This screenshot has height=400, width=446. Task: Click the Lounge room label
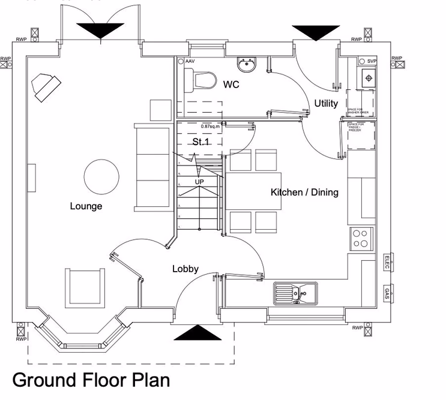pyautogui.click(x=86, y=206)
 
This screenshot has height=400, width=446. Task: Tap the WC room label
pyautogui.click(x=231, y=85)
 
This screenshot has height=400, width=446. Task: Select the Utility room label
pyautogui.click(x=326, y=103)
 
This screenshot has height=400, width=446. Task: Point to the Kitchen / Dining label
pyautogui.click(x=304, y=193)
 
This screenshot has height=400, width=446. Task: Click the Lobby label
pyautogui.click(x=185, y=269)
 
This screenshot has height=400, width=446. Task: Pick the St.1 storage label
pyautogui.click(x=199, y=142)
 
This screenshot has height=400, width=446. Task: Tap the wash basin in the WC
pyautogui.click(x=246, y=63)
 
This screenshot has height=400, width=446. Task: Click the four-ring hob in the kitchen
pyautogui.click(x=361, y=238)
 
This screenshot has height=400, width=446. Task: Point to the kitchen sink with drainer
pyautogui.click(x=295, y=293)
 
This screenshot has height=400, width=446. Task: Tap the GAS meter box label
pyautogui.click(x=387, y=294)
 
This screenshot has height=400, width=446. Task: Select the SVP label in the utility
pyautogui.click(x=371, y=62)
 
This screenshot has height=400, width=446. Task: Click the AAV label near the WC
pyautogui.click(x=190, y=62)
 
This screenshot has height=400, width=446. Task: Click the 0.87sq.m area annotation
pyautogui.click(x=211, y=127)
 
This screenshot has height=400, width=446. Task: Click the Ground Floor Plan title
pyautogui.click(x=91, y=380)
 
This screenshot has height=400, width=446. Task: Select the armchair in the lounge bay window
pyautogui.click(x=83, y=287)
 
